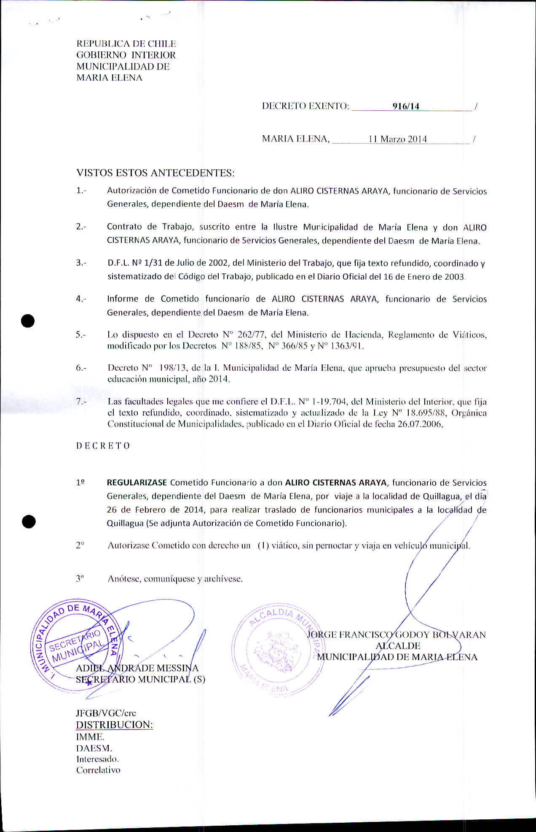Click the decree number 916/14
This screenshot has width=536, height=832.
tap(406, 106)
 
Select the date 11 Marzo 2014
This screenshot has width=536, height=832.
tap(397, 139)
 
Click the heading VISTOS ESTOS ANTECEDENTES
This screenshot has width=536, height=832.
tap(155, 173)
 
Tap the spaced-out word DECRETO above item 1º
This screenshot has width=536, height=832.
tap(103, 446)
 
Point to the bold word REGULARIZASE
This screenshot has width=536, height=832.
tap(137, 482)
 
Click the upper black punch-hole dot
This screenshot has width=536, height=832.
tap(28, 321)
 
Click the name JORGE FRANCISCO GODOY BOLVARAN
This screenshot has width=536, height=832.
tap(397, 634)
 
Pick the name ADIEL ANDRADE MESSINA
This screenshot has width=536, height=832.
tap(137, 668)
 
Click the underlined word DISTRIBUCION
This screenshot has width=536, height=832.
tap(114, 725)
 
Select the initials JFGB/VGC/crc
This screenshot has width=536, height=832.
tap(106, 713)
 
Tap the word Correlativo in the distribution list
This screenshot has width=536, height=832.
tap(98, 770)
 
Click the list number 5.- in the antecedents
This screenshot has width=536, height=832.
tap(81, 335)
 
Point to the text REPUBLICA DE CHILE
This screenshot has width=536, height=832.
tap(126, 44)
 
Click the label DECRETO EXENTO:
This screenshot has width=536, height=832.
tap(306, 106)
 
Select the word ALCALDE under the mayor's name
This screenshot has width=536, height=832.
tap(398, 646)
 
